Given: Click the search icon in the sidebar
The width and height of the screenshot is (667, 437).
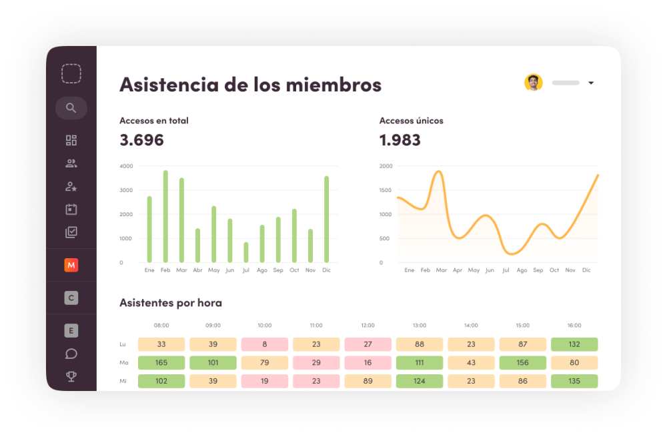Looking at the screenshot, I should click(71, 108).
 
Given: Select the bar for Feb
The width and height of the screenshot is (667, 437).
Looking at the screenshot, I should click(165, 216).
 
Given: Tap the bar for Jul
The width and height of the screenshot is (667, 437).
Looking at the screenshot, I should click(246, 252).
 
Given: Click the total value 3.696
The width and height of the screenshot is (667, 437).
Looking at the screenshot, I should click(141, 140).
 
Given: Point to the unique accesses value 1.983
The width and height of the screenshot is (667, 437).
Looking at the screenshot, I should click(400, 140).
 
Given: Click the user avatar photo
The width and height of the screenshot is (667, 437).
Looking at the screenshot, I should click(534, 83).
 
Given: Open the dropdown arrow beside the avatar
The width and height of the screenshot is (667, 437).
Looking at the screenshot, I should click(591, 83).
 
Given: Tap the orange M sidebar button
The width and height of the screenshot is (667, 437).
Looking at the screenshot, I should click(71, 266).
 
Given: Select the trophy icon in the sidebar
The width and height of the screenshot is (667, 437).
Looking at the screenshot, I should click(71, 376).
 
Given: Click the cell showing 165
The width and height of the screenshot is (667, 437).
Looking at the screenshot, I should click(161, 363).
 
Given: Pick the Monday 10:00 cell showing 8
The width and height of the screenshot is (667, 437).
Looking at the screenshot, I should click(265, 344).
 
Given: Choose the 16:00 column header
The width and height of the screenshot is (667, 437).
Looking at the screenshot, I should click(574, 326).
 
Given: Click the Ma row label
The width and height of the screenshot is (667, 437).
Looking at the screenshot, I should click(123, 363).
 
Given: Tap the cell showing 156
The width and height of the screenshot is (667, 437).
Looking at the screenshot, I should click(522, 363).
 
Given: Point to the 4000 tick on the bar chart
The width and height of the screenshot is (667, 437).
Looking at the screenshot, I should click(126, 166).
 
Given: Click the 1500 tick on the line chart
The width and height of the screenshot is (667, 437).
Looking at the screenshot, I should click(386, 190).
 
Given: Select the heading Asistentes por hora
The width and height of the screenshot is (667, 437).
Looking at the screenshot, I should click(171, 303).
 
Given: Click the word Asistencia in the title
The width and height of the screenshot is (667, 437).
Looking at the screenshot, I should click(167, 85).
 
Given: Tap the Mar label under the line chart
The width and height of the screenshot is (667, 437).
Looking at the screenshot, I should click(441, 270).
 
